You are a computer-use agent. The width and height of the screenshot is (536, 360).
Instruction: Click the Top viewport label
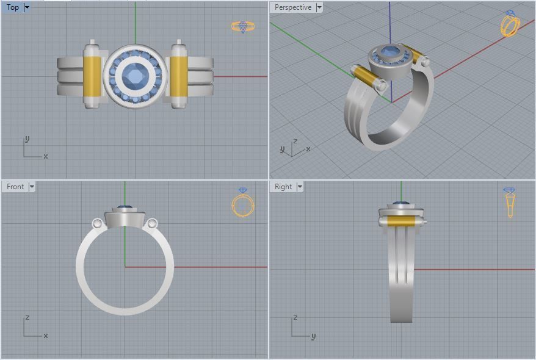[12, 7]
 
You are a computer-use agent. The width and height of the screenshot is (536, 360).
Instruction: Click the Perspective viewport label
[292, 7]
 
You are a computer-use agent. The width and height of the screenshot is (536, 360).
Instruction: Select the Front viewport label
[15, 187]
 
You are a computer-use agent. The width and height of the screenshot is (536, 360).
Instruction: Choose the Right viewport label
[283, 187]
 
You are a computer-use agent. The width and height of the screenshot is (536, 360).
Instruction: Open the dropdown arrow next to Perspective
[319, 7]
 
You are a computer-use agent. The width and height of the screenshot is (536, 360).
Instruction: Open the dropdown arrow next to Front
[32, 187]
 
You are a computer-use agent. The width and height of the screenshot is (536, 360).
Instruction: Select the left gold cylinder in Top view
[92, 76]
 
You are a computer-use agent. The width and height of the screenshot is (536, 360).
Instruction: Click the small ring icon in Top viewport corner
[242, 26]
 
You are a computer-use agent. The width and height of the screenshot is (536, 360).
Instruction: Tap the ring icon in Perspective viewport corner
[510, 24]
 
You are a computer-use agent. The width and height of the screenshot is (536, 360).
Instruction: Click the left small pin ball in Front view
[97, 224]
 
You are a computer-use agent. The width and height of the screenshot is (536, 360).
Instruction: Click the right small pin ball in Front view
[152, 224]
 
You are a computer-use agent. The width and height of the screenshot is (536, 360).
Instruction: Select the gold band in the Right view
[400, 221]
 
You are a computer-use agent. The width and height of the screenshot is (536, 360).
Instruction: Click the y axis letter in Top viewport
[27, 140]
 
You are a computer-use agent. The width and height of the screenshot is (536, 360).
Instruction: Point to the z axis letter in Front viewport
[27, 318]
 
